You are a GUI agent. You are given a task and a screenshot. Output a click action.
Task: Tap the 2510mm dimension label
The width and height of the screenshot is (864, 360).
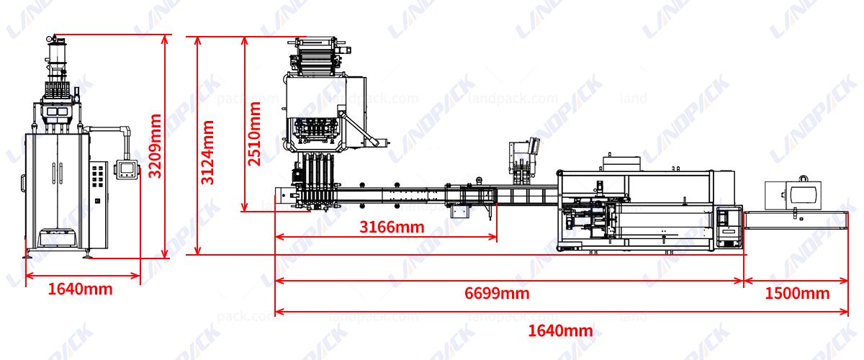(254, 134)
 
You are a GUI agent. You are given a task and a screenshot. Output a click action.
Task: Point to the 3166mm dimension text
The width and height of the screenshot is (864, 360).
(392, 228)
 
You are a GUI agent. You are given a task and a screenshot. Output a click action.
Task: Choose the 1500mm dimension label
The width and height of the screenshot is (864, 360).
(797, 293)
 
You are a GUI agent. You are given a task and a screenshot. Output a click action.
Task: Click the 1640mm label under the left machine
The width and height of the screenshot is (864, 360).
(81, 289)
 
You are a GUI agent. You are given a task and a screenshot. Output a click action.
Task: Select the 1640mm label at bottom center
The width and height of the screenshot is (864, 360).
(561, 330)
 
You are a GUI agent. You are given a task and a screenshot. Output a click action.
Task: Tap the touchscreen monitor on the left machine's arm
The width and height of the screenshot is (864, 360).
(127, 169)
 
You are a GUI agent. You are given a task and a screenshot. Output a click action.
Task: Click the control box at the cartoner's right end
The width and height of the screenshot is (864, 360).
(729, 227)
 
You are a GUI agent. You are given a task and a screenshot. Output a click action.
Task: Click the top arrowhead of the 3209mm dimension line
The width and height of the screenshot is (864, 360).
(166, 36)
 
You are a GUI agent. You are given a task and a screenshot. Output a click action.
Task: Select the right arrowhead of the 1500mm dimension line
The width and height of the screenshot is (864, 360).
(847, 281)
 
